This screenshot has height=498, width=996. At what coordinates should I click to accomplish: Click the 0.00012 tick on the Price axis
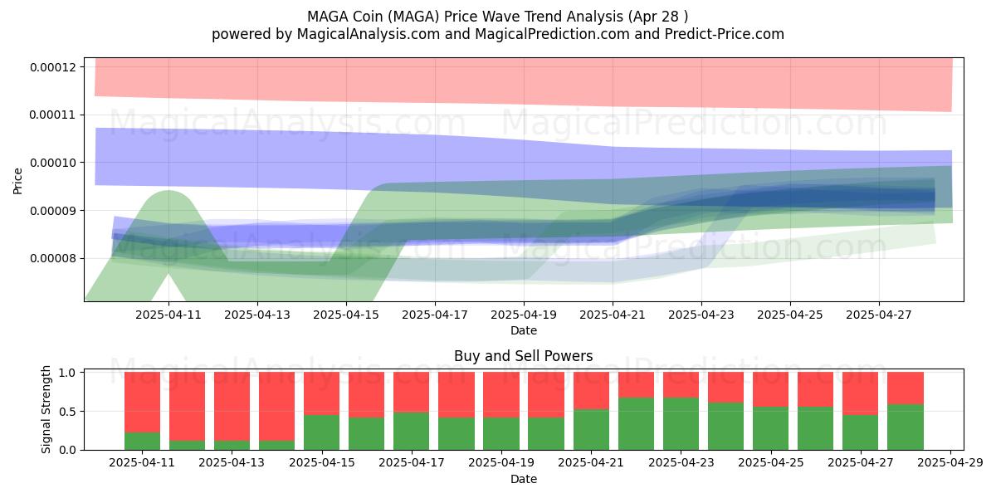point(53,67)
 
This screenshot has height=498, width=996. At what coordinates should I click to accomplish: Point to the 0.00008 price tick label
point(53,258)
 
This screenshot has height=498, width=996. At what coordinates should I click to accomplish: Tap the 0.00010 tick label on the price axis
point(53,163)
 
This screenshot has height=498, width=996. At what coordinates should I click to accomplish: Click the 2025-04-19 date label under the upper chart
point(524,315)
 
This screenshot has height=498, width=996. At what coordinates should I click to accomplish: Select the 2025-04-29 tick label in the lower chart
point(950,463)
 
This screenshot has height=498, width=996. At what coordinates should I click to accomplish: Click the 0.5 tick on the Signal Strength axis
point(67,412)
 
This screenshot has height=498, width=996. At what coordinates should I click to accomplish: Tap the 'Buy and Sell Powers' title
point(524,356)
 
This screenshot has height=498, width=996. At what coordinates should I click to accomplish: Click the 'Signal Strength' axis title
point(46,409)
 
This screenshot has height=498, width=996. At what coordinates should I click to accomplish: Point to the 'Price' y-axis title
point(17,181)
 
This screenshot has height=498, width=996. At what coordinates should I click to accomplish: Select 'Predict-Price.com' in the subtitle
point(725,34)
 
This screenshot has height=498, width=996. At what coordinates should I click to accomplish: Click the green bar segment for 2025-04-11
point(142,441)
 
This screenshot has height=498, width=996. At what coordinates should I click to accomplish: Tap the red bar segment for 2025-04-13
point(232,407)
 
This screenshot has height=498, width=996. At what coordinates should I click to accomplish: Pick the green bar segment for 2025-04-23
point(681,424)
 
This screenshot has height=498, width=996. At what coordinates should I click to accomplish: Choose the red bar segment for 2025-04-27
point(861,393)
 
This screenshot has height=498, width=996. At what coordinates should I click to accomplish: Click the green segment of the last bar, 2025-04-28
point(906,427)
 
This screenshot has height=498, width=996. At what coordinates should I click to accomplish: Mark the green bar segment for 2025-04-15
point(321,432)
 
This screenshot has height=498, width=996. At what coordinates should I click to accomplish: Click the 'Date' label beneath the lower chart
point(524,480)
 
